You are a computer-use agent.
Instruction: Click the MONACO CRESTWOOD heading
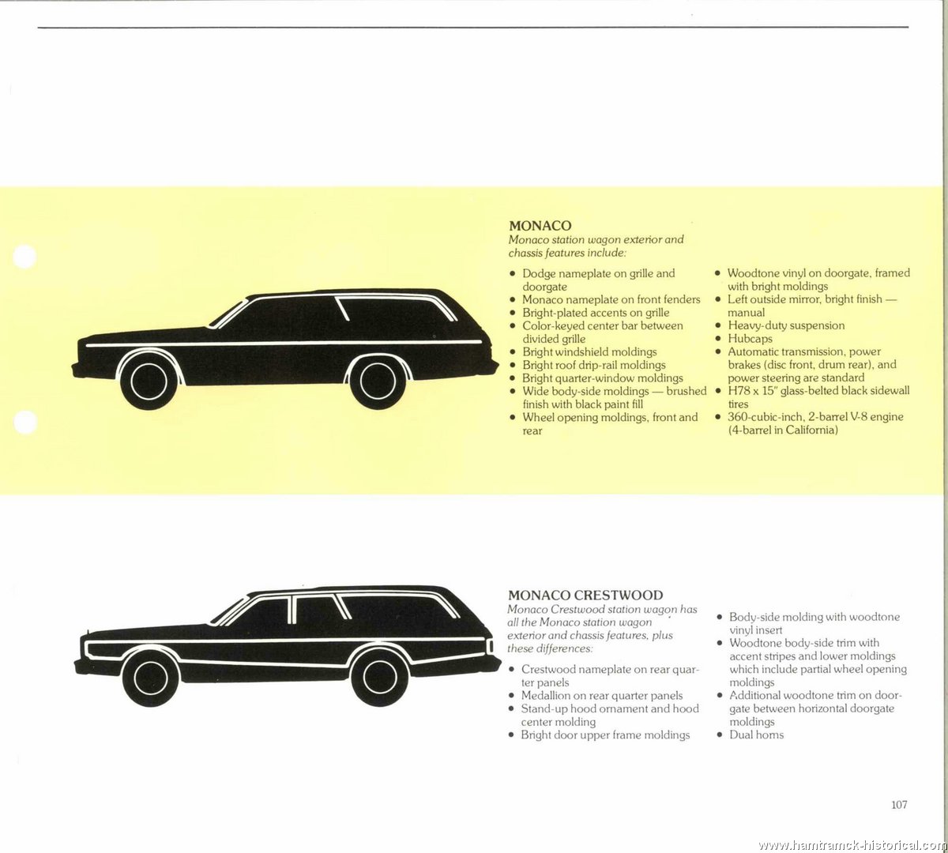click(585, 595)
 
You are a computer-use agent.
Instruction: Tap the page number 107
click(899, 804)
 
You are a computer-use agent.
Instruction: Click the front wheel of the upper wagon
click(149, 381)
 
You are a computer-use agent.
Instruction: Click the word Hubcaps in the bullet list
click(750, 339)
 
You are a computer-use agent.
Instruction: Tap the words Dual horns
click(756, 735)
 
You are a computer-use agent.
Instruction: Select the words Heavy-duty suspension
click(786, 325)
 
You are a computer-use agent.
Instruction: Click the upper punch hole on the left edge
click(24, 257)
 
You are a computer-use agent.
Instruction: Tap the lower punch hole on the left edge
click(25, 422)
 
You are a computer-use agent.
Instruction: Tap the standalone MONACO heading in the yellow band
click(540, 225)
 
